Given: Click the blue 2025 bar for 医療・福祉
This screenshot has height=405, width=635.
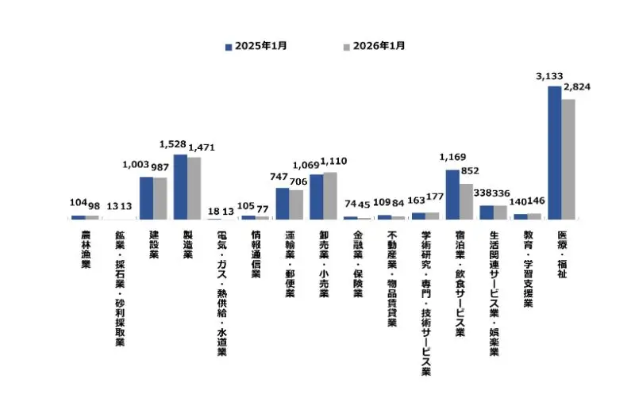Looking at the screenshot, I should click(554, 152).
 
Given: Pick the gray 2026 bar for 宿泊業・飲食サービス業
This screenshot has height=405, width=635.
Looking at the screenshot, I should click(466, 201).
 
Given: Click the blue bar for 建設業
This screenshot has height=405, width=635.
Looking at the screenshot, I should click(146, 197).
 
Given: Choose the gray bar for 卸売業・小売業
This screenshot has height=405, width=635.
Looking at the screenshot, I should click(330, 195).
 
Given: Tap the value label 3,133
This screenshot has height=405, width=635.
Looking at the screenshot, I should click(550, 76).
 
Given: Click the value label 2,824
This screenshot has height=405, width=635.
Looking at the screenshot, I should click(576, 88).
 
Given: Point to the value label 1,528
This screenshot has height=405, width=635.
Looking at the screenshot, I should click(172, 144).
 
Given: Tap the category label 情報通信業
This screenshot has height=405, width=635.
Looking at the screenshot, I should click(255, 255).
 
